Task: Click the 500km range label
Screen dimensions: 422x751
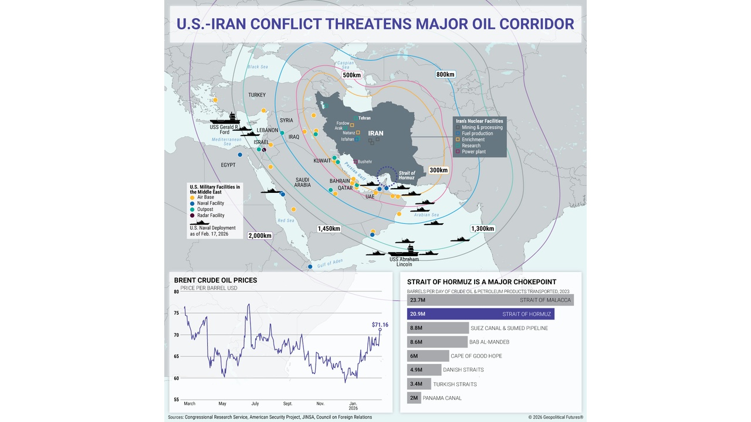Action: [351, 75]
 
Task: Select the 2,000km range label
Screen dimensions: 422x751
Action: [259, 236]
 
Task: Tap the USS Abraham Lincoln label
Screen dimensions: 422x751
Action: [404, 261]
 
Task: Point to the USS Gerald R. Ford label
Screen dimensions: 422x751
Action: [224, 129]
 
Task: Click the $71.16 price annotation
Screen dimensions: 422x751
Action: [380, 324]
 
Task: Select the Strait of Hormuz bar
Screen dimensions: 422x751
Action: [480, 314]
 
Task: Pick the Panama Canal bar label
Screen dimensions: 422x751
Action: [442, 398]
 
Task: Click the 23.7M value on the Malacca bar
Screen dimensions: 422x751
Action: [418, 300]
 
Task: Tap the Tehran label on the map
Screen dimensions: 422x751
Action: [364, 118]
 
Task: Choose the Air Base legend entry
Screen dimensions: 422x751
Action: [205, 197]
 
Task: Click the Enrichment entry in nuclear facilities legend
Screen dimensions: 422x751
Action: [473, 139]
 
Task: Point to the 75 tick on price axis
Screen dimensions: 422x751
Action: [177, 313]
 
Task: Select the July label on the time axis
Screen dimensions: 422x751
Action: [255, 404]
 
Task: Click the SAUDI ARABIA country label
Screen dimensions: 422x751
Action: [302, 182]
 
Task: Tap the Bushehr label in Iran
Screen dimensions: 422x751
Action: [364, 161]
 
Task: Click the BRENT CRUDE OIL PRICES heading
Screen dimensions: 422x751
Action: [215, 280]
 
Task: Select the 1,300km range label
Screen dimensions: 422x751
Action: [482, 229]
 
